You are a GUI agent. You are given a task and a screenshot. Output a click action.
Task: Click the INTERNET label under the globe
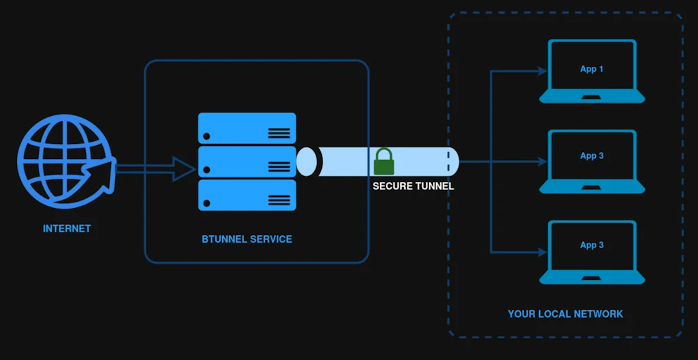click(67, 228)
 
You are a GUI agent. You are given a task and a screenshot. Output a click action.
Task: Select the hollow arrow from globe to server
click(157, 168)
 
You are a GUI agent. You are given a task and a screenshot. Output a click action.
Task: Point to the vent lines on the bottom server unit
click(279, 199)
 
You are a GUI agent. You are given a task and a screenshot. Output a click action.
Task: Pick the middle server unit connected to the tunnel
click(247, 162)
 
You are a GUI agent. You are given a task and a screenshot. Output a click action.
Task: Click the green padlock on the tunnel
click(383, 162)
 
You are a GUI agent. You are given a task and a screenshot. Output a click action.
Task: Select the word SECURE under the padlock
click(391, 186)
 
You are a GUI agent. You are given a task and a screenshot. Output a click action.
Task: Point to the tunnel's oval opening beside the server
click(307, 162)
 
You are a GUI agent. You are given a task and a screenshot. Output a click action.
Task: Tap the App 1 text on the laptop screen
click(592, 69)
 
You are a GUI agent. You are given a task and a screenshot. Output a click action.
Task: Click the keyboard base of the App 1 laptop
click(592, 97)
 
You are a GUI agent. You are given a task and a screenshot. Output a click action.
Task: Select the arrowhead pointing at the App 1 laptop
click(542, 70)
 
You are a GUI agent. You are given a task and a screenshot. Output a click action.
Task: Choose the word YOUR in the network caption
click(521, 314)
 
